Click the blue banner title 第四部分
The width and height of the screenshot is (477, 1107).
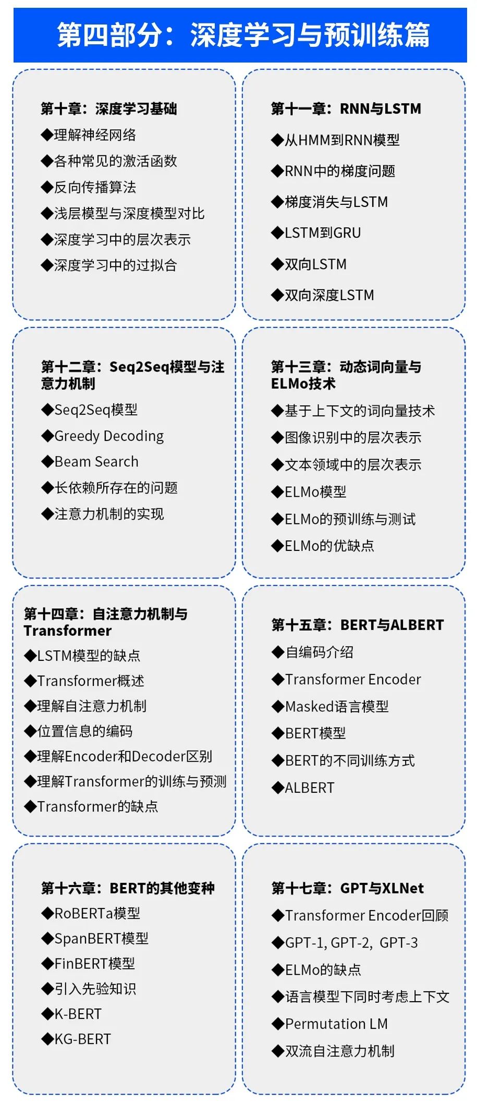click(243, 35)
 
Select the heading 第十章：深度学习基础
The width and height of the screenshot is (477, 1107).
click(109, 109)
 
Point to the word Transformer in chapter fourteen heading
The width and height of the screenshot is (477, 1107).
click(68, 631)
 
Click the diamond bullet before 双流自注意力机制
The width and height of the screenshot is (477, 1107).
click(277, 1051)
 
